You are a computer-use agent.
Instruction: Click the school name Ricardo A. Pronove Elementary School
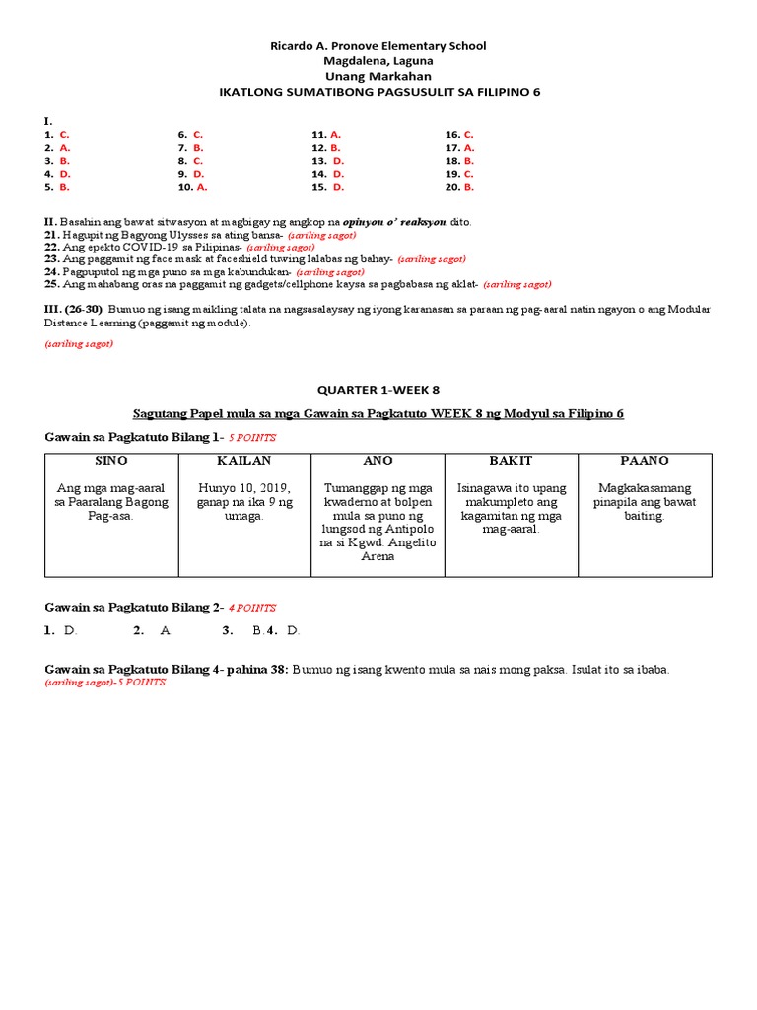click(x=378, y=46)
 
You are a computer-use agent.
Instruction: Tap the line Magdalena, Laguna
click(x=378, y=61)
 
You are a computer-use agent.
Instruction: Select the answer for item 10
click(x=201, y=186)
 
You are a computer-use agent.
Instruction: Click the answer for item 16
click(x=469, y=134)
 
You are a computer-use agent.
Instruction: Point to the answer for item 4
click(x=64, y=174)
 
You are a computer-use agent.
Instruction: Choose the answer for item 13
click(x=338, y=160)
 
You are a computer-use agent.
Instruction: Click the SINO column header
click(x=110, y=461)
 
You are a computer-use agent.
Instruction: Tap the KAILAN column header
click(x=243, y=461)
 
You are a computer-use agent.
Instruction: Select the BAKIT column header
click(x=511, y=461)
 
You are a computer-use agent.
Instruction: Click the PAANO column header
click(x=645, y=461)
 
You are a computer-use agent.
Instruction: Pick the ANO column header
click(x=378, y=461)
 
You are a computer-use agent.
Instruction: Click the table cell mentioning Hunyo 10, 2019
click(x=244, y=502)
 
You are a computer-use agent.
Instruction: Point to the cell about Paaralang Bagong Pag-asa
click(x=110, y=502)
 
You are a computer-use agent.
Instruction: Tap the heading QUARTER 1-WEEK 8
click(x=378, y=390)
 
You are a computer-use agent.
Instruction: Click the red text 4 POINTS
click(x=252, y=608)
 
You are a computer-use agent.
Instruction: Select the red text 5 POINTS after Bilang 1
click(x=251, y=436)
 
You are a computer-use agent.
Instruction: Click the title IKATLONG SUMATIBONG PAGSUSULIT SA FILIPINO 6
click(x=378, y=92)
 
